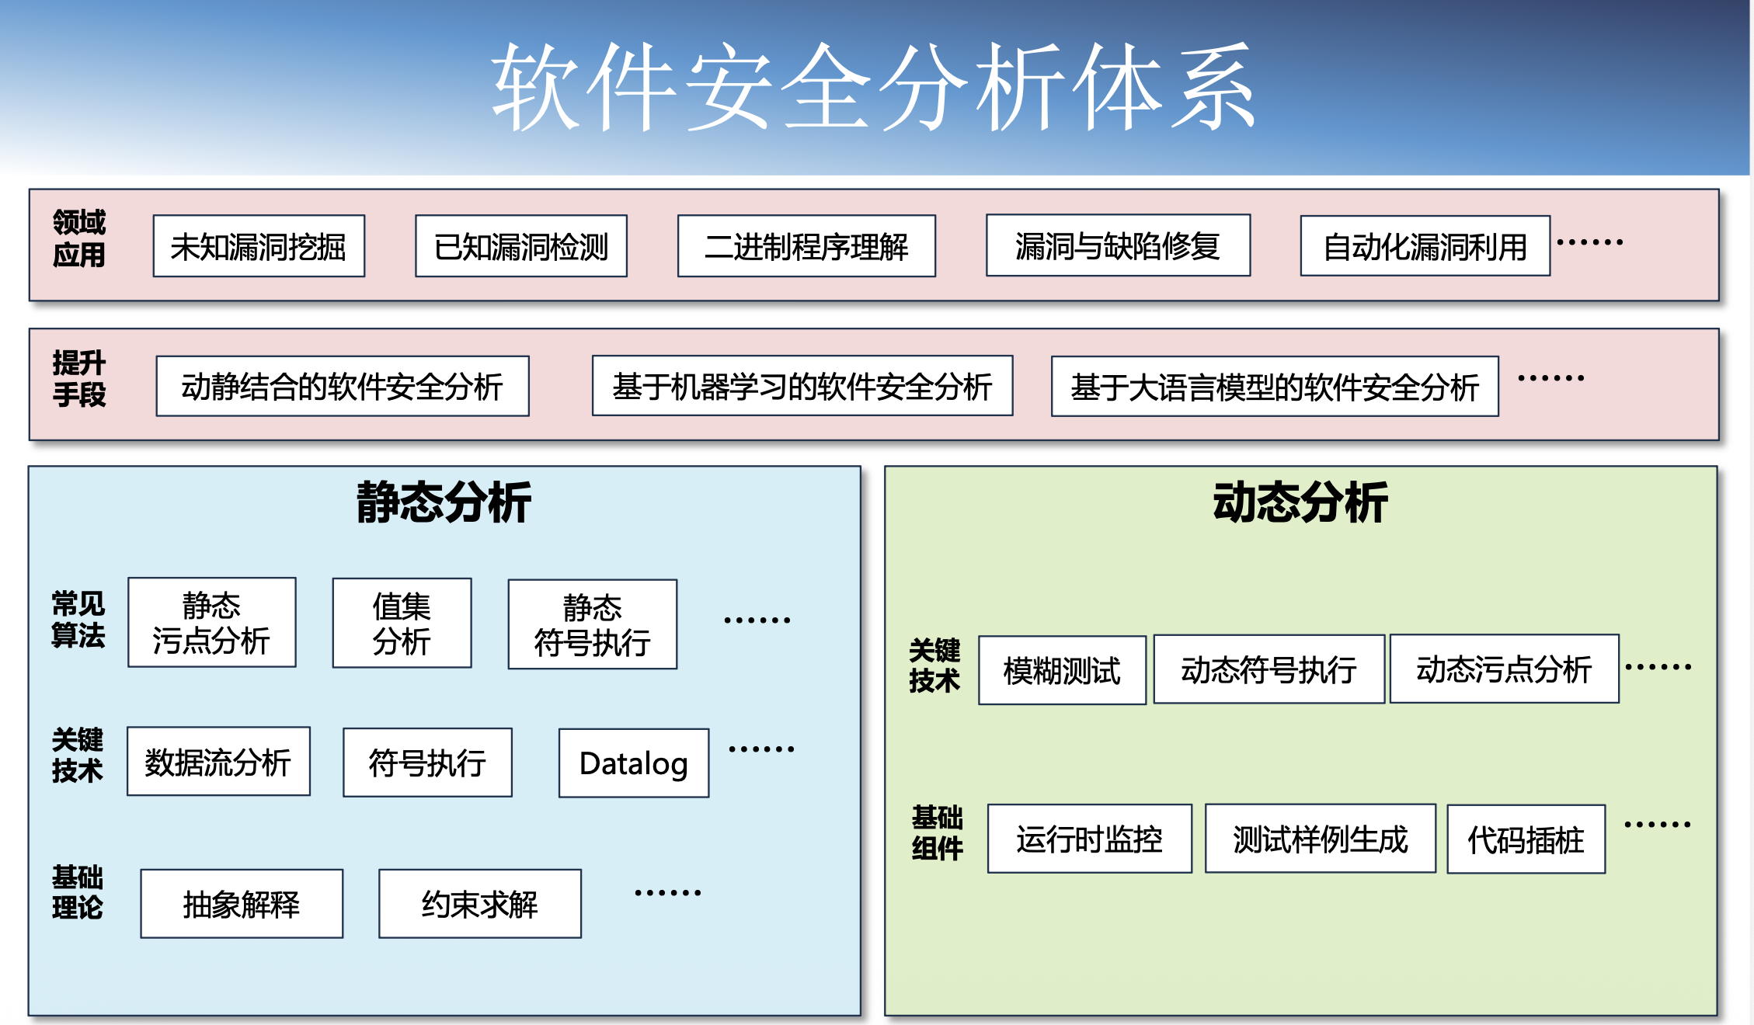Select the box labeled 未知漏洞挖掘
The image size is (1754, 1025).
(259, 246)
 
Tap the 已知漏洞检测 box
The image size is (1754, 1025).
(521, 246)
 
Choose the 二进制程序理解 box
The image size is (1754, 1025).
(806, 246)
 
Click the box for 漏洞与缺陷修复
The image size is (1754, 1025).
(1118, 245)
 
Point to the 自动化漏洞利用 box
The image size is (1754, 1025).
(1425, 246)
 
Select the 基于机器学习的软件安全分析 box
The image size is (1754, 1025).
(802, 386)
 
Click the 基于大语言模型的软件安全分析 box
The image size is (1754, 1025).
(1274, 387)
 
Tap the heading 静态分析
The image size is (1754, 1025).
(444, 502)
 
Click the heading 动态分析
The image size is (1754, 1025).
(1300, 502)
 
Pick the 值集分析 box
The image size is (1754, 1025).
(402, 623)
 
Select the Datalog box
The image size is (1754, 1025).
(633, 763)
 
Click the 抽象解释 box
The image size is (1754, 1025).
(242, 904)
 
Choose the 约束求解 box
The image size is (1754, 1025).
(479, 904)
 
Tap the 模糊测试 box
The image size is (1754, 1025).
(1061, 670)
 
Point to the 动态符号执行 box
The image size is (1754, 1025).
(1269, 669)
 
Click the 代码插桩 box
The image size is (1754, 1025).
(1526, 839)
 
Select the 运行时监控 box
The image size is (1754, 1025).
(1089, 839)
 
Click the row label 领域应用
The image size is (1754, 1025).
(78, 238)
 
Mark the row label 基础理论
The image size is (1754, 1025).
(77, 892)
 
